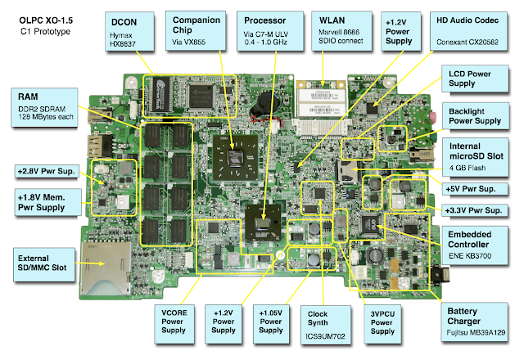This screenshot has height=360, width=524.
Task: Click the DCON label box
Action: [131, 32]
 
